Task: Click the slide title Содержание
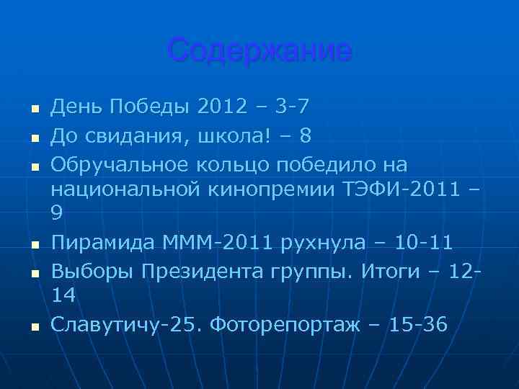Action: coord(259,51)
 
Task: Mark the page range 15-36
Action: coord(418,325)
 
